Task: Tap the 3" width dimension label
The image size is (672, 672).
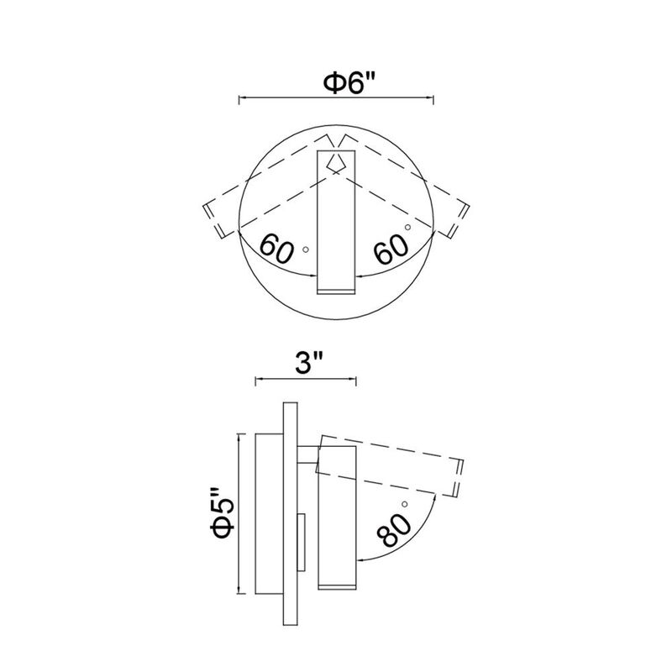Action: tap(307, 364)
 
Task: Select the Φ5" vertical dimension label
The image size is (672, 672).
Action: tap(222, 513)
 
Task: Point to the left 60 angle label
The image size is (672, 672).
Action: tap(277, 249)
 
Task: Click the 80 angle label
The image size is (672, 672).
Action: tap(394, 530)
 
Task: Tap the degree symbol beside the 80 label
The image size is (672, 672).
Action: tap(404, 503)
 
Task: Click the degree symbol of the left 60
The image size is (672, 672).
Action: tap(306, 249)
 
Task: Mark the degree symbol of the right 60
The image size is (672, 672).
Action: tap(407, 227)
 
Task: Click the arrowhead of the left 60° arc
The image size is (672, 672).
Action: tap(312, 276)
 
